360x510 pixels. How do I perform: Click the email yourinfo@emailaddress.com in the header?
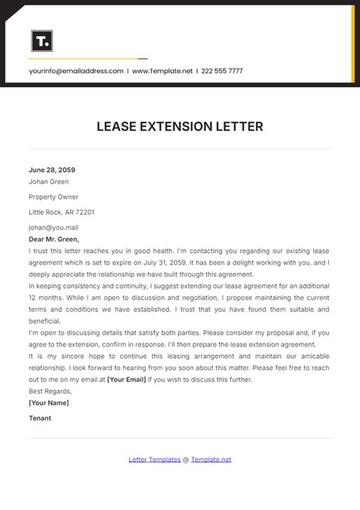click(x=76, y=71)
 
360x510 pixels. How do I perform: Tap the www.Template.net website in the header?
click(x=162, y=71)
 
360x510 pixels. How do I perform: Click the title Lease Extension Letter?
click(x=180, y=127)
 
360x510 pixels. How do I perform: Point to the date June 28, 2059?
click(x=52, y=170)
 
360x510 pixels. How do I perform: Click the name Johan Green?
click(x=49, y=182)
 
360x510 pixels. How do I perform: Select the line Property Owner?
click(x=54, y=197)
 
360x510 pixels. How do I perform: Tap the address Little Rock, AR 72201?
click(x=62, y=212)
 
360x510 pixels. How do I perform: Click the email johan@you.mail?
click(x=53, y=226)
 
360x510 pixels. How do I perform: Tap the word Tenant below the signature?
click(x=40, y=418)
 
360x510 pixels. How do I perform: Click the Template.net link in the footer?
click(x=211, y=459)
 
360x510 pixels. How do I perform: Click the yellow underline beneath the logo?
click(x=84, y=59)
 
